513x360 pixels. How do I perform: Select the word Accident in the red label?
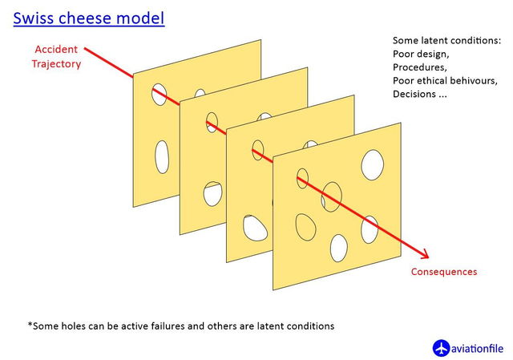click(x=57, y=50)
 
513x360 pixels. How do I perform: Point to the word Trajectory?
click(x=57, y=64)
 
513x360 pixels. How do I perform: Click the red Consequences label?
click(x=443, y=272)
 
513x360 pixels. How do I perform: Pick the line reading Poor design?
click(x=420, y=53)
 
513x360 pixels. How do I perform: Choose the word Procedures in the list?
click(x=419, y=67)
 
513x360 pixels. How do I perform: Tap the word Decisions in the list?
click(x=415, y=95)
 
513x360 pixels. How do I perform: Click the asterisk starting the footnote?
click(x=30, y=326)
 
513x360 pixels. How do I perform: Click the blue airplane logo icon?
click(x=442, y=348)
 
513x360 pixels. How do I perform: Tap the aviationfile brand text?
click(x=478, y=349)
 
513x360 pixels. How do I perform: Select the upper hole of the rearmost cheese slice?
click(x=160, y=94)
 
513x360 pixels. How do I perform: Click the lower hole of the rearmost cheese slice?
click(x=162, y=157)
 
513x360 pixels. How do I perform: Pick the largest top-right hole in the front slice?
click(x=373, y=164)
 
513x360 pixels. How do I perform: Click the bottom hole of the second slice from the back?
click(x=212, y=193)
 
